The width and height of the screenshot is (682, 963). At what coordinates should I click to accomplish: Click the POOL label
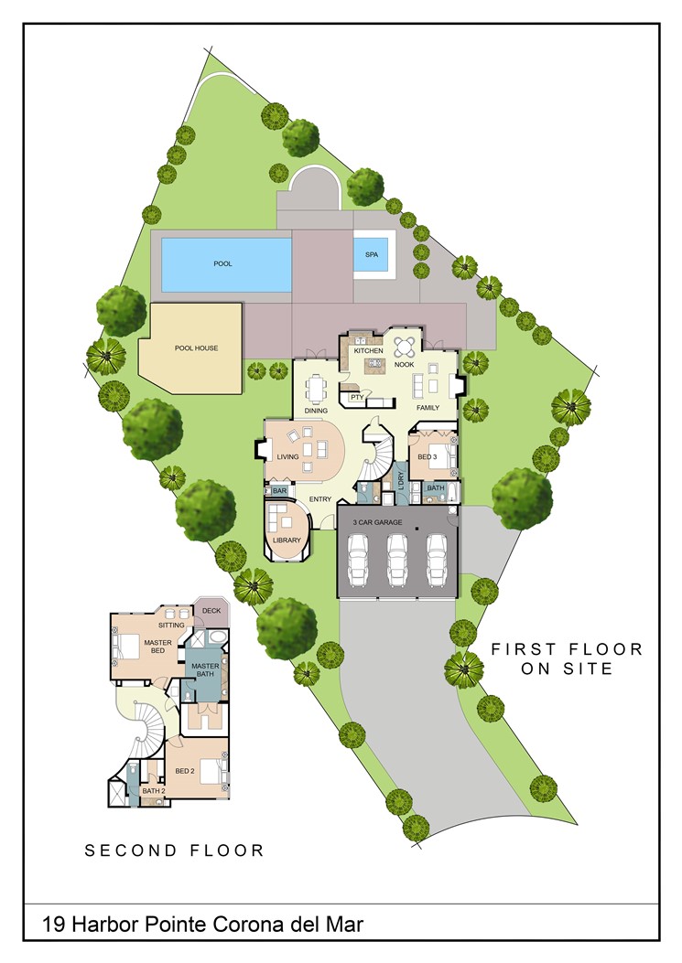222,263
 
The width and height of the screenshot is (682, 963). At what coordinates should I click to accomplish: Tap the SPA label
370,254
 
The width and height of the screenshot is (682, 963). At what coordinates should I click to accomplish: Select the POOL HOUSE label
196,348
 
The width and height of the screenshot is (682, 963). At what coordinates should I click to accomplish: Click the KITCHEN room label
368,351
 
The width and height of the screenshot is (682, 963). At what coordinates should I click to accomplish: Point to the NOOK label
405,364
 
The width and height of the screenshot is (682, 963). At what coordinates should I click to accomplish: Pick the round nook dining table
405,347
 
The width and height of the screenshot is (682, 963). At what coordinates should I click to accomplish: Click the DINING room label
317,411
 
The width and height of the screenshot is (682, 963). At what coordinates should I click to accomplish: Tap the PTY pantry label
355,397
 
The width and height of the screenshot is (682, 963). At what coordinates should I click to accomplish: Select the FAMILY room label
428,407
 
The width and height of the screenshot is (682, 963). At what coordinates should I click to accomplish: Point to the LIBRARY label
287,540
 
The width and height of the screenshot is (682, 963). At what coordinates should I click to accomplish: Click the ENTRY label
319,498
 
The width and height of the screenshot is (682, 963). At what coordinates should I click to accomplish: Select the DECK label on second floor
211,610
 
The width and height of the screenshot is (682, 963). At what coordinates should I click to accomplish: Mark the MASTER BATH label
204,670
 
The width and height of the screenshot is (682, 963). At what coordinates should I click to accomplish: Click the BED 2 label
185,771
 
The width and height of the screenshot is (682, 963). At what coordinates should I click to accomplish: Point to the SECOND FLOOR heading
174,851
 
